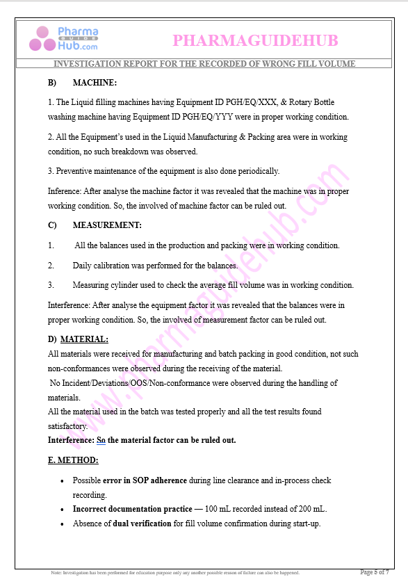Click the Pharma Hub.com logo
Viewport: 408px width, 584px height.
coord(64,39)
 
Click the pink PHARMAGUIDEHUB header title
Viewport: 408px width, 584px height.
coord(255,40)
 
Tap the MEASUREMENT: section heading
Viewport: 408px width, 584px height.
coord(107,225)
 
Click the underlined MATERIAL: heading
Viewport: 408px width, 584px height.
coord(84,339)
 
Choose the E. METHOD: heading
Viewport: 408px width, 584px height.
coord(73,460)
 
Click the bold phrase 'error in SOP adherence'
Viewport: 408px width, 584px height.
coord(145,480)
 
